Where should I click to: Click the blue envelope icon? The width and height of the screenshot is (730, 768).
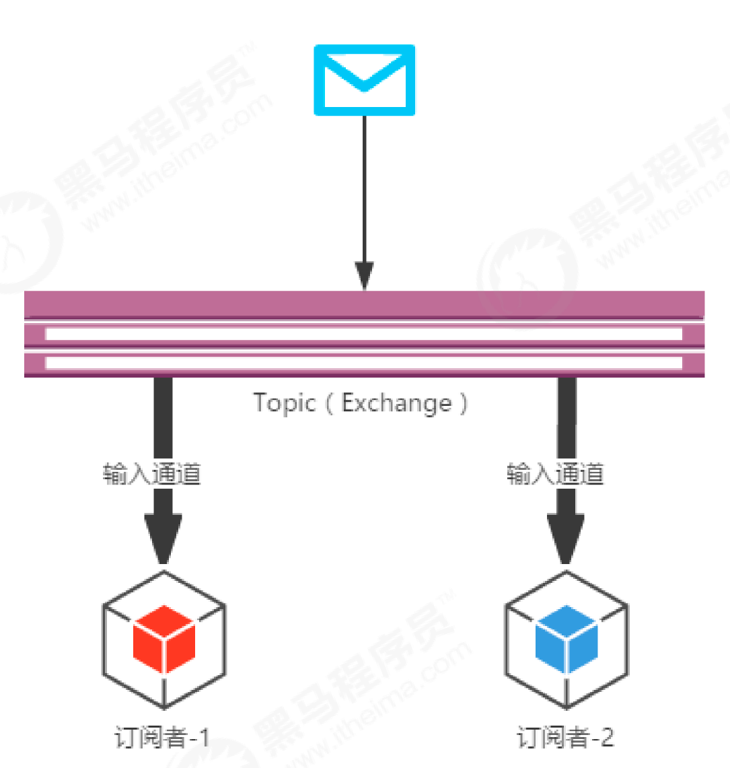364,79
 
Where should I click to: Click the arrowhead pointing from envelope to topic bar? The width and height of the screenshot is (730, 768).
364,276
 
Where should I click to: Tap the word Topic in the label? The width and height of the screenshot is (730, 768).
284,403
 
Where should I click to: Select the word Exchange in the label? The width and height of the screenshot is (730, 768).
397,403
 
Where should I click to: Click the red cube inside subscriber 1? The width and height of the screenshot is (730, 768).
164,638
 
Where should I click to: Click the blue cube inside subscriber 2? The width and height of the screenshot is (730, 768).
567,638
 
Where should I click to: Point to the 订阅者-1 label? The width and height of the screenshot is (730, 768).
162,737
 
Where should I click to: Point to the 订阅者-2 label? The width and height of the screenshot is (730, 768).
565,737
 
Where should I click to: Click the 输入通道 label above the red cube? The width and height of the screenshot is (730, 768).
152,474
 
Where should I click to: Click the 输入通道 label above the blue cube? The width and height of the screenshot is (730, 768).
555,474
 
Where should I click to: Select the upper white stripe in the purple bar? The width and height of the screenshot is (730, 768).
363,334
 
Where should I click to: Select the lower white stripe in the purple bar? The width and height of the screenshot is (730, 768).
363,363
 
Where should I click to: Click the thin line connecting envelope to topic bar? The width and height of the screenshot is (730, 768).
364,188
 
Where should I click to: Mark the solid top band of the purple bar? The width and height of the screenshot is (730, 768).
363,304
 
